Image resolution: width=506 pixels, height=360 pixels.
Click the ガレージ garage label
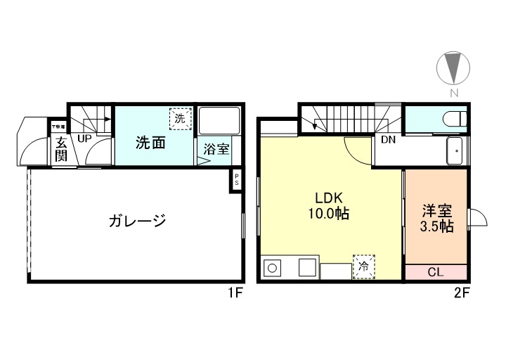[x=137, y=221]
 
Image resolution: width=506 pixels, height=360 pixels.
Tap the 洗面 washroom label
[x=150, y=143]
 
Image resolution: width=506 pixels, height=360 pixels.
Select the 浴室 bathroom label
[x=216, y=148]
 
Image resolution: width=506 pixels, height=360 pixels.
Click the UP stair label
[x=84, y=139]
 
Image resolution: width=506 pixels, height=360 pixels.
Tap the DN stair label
[x=388, y=139]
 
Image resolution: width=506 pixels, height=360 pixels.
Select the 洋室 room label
[x=436, y=210]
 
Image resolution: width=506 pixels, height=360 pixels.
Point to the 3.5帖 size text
[x=436, y=226]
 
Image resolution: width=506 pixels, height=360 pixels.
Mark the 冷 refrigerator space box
[x=363, y=267]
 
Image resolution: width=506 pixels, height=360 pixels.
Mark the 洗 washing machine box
[x=180, y=118]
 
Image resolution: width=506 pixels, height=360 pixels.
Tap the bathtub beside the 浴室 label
[x=219, y=120]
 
